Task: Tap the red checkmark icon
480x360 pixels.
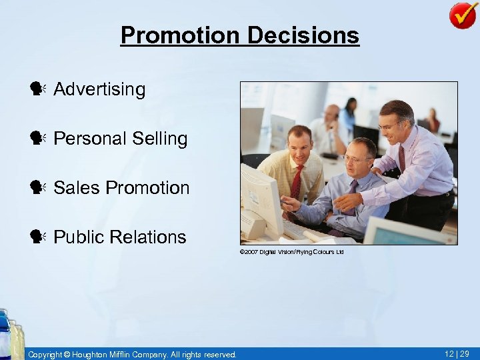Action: point(462,15)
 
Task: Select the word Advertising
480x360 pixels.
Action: point(99,89)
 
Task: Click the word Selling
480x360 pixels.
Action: point(160,139)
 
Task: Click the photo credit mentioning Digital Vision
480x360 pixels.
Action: point(291,252)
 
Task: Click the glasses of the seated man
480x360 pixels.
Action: point(358,159)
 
